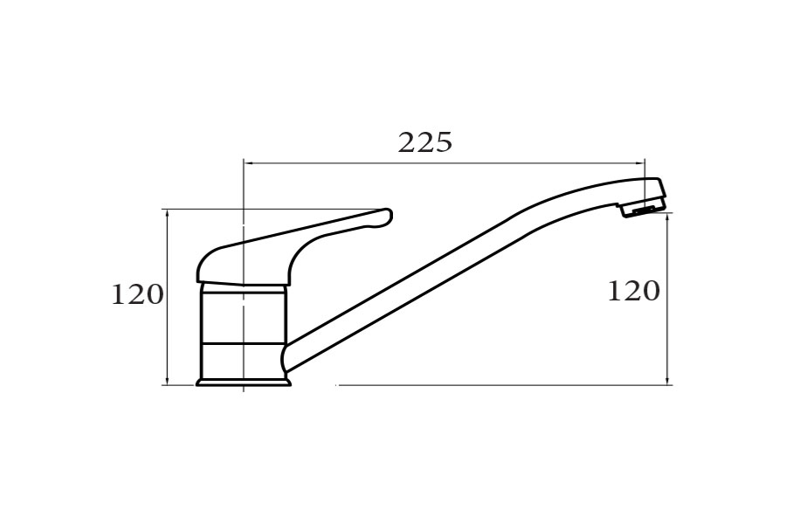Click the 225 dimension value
pyautogui.click(x=425, y=142)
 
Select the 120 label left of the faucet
pyautogui.click(x=137, y=295)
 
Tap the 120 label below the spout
pyautogui.click(x=633, y=291)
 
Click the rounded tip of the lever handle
pyautogui.click(x=386, y=216)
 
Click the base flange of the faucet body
pyautogui.click(x=243, y=381)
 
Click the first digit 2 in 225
pyautogui.click(x=407, y=142)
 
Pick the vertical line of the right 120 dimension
pyautogui.click(x=668, y=332)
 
